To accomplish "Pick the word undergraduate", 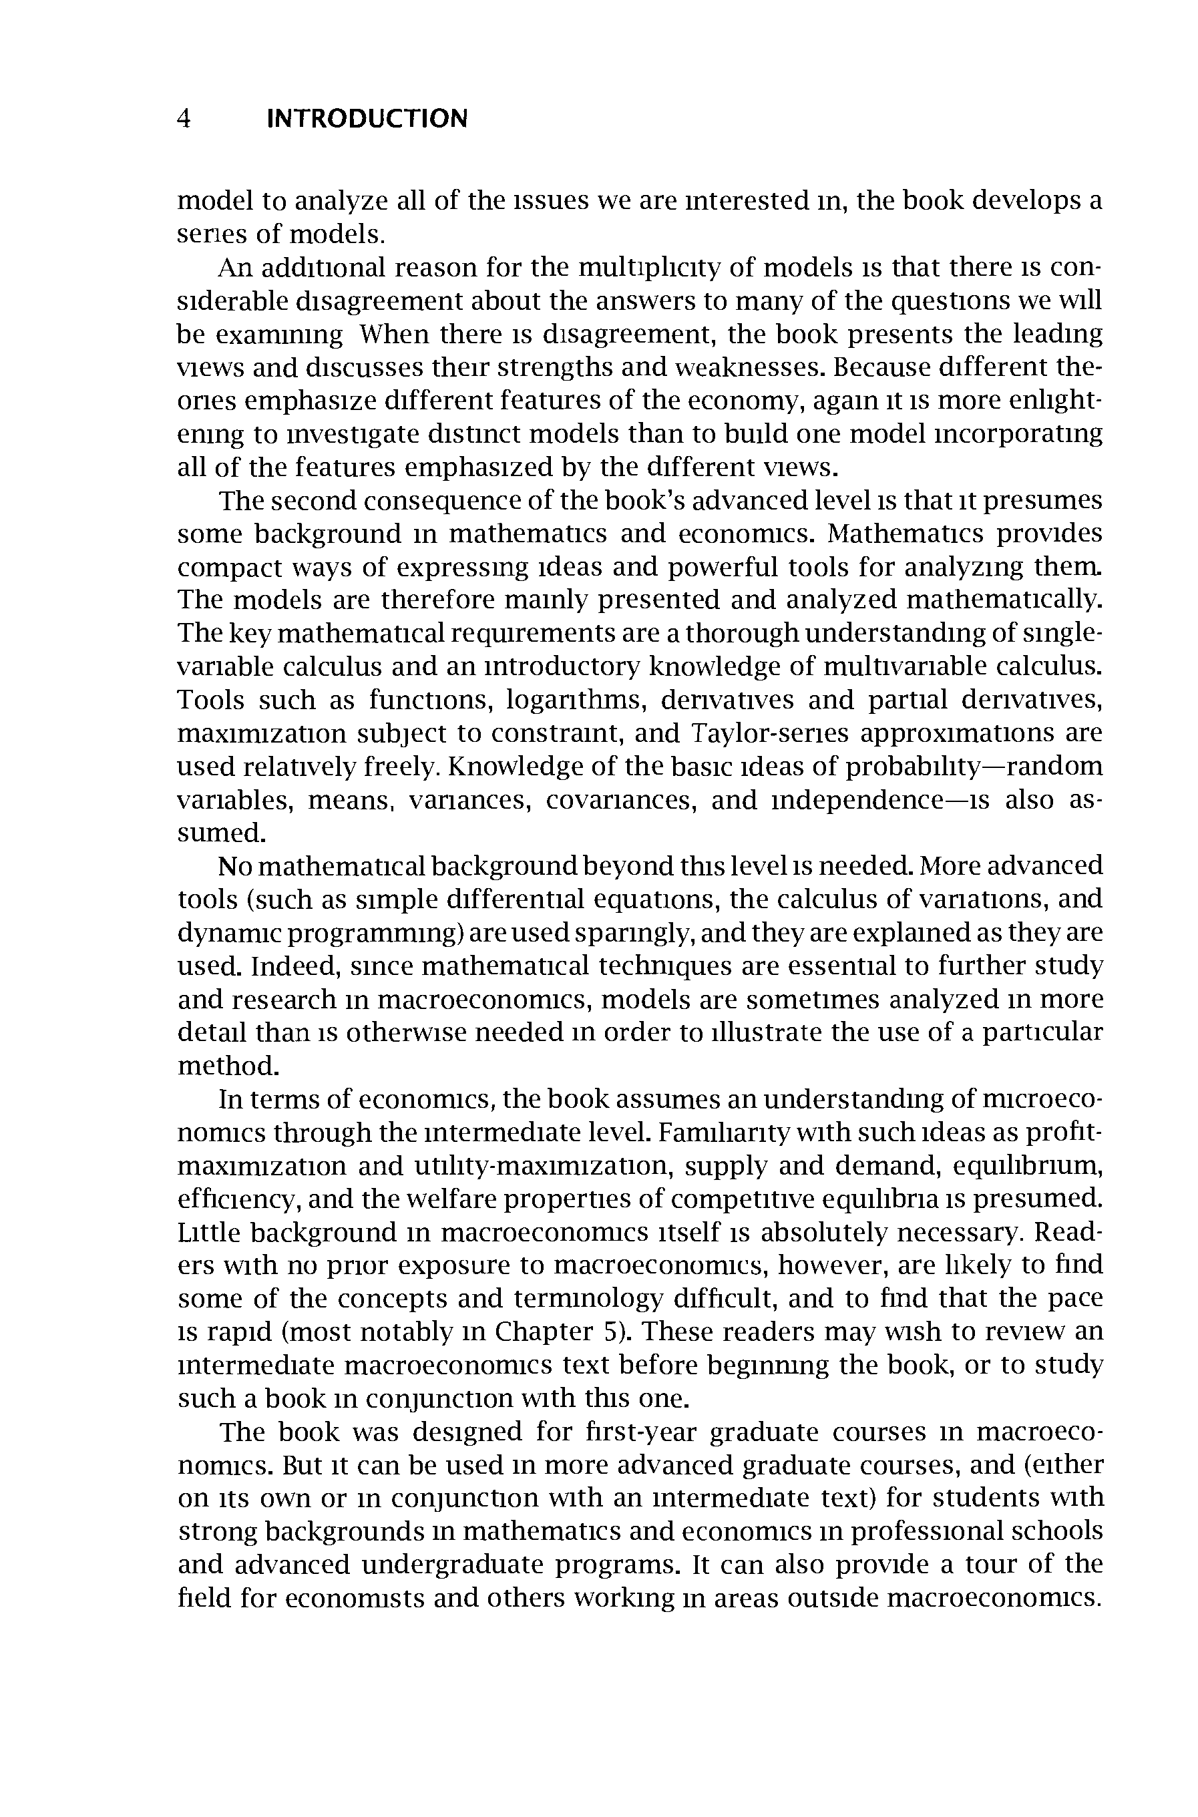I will (451, 1564).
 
